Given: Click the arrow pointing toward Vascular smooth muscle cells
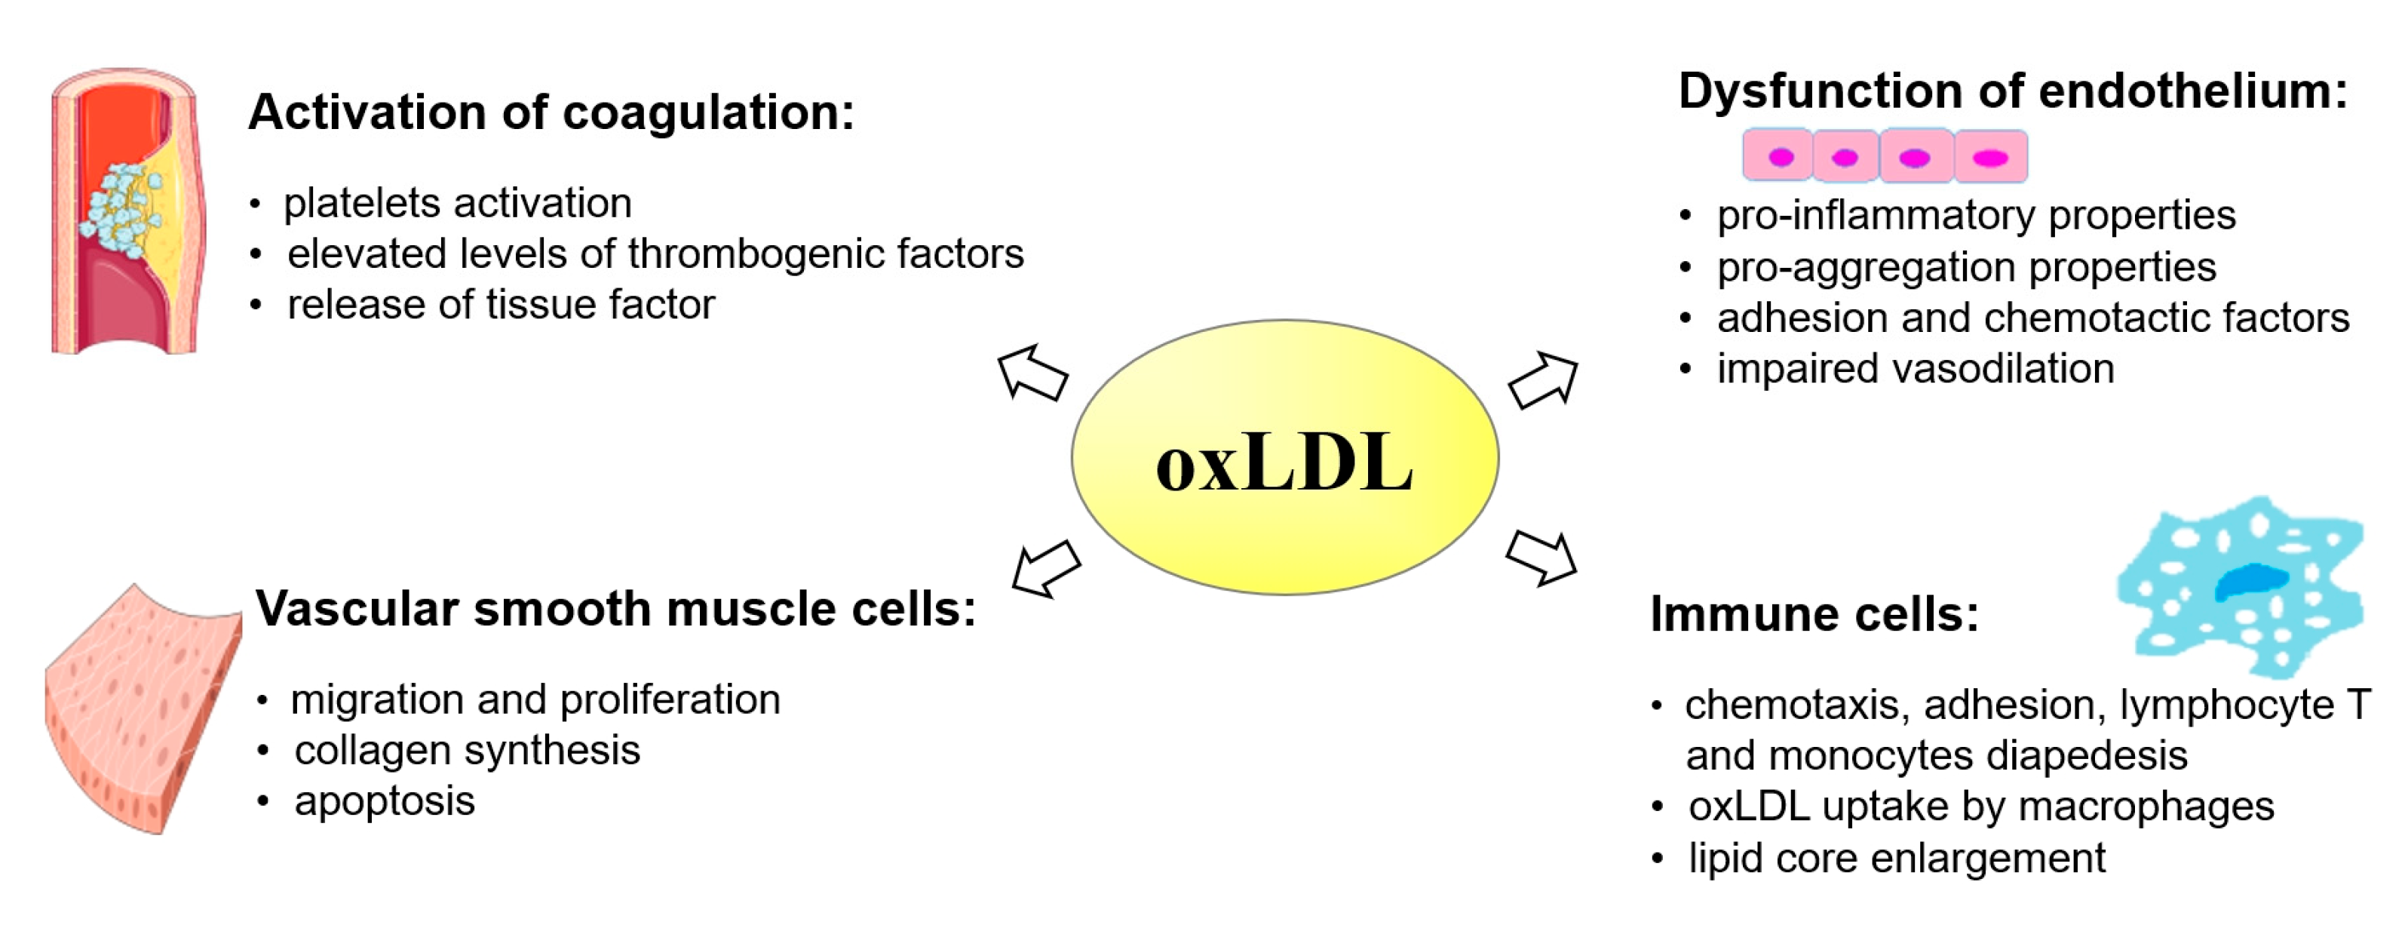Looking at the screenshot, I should (1045, 567).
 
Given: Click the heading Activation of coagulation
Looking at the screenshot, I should (551, 113).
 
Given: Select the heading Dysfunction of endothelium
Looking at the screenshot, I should (2013, 91).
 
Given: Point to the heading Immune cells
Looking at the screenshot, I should (1814, 614).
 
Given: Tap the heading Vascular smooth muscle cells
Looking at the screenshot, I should (615, 609).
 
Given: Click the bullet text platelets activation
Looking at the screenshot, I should (457, 203).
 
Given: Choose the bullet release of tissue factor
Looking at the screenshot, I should (500, 305).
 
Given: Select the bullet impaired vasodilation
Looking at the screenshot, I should (1915, 368).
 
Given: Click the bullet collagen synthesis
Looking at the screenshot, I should (467, 750).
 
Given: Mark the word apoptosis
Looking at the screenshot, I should (384, 801).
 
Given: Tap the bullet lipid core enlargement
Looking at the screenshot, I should (1896, 858).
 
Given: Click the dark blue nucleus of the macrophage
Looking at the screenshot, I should (2250, 581).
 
